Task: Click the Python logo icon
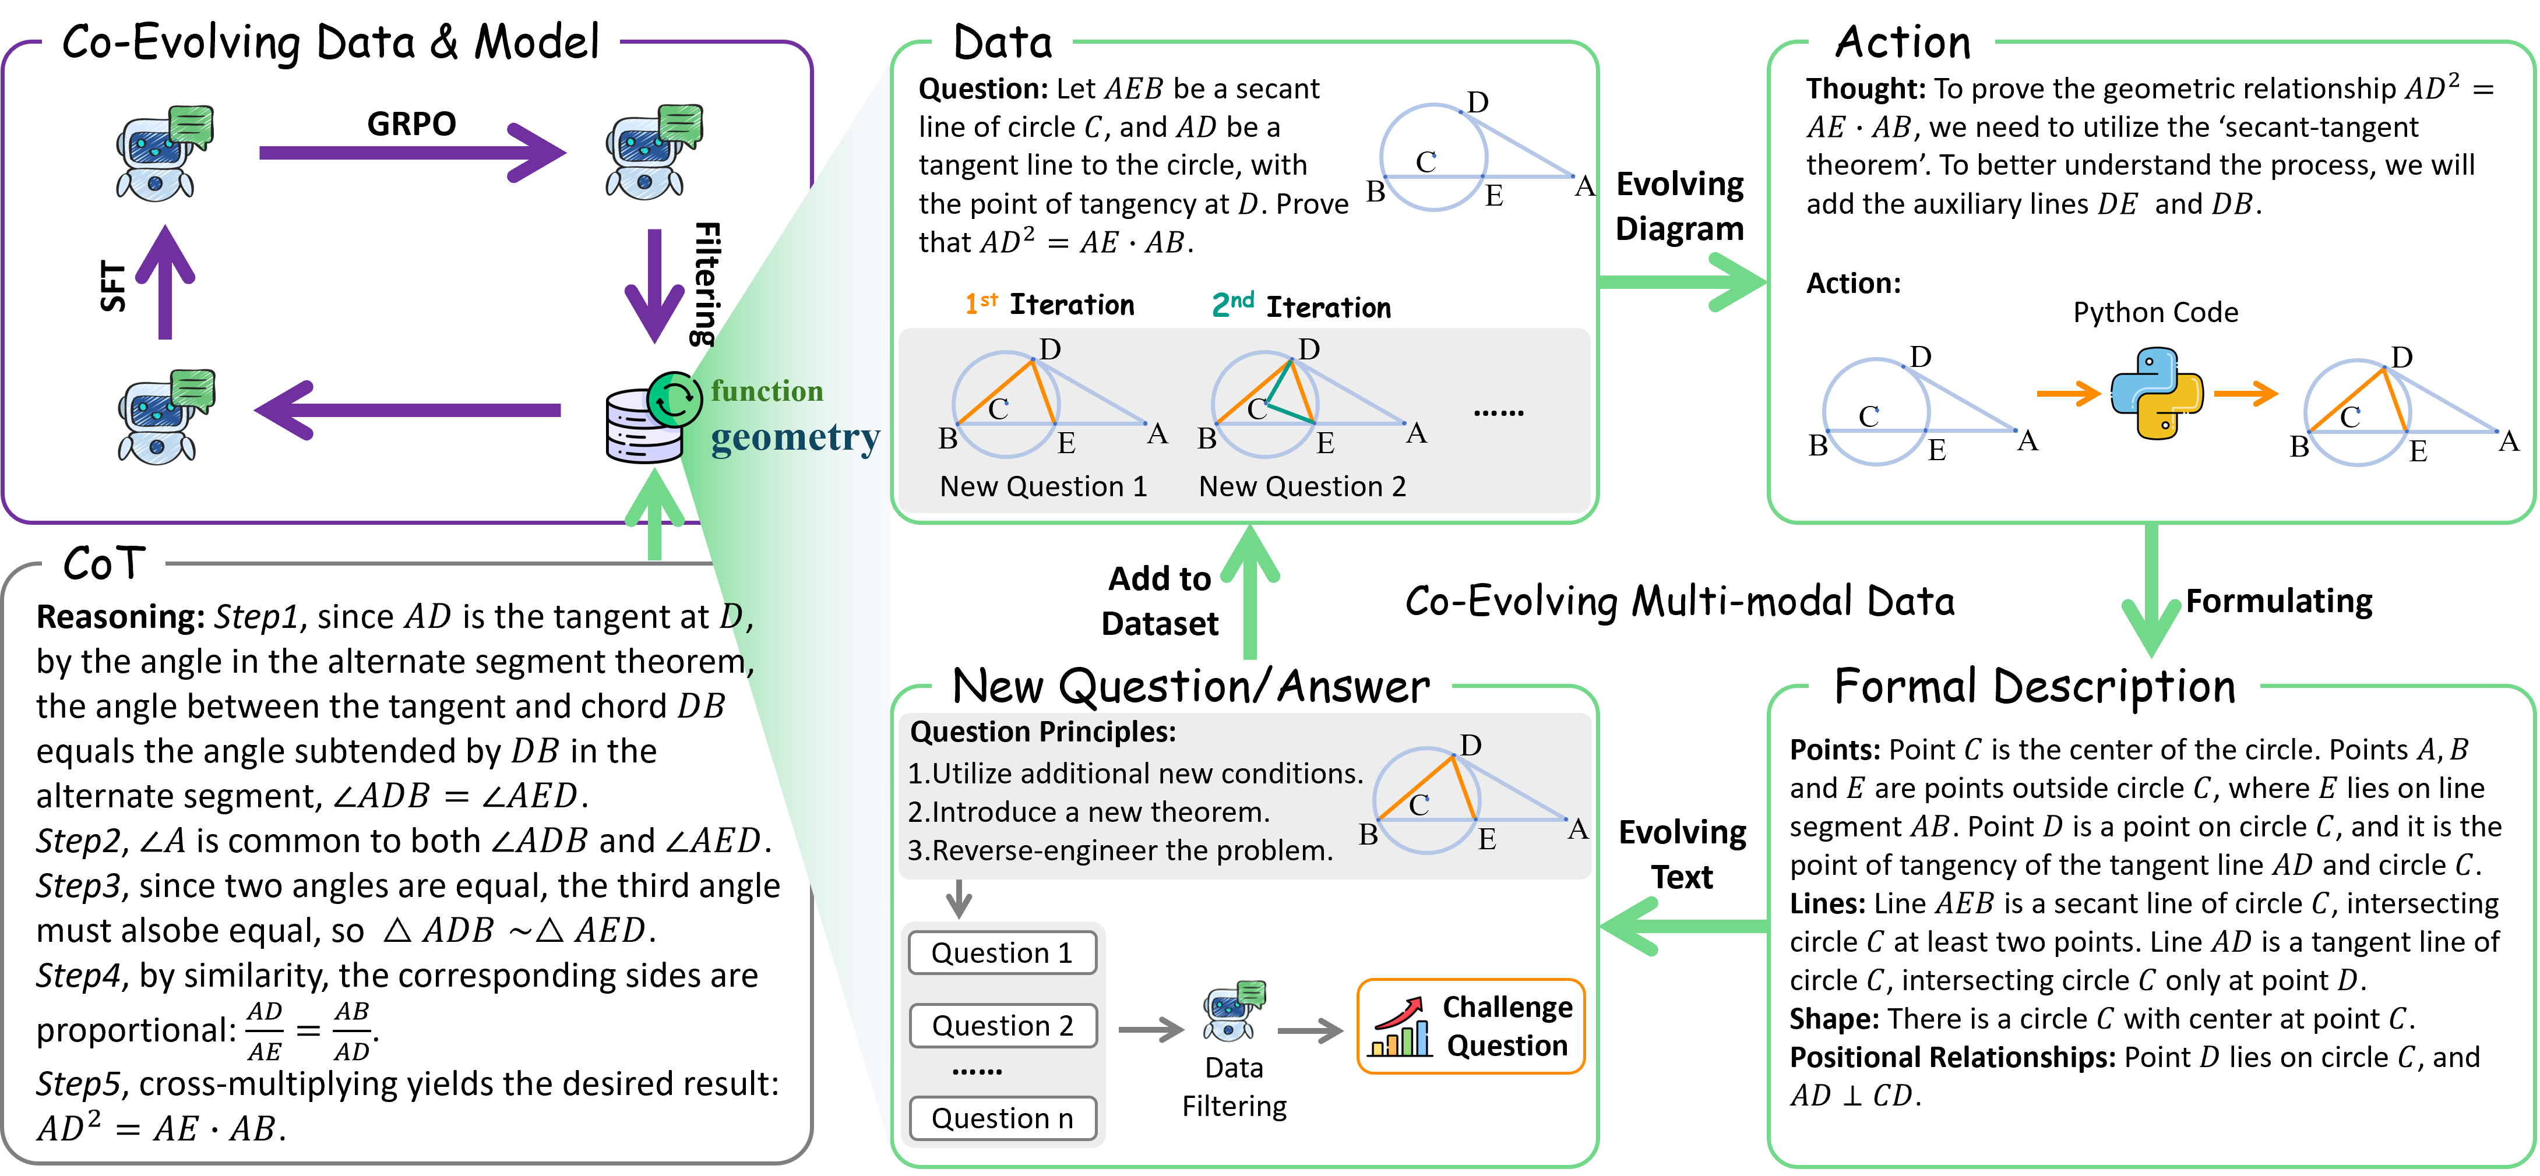point(2157,393)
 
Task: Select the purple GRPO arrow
point(412,153)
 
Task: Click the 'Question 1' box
point(1002,953)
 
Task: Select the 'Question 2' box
point(1002,1026)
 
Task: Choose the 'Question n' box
point(1002,1119)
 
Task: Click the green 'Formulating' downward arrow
point(2151,591)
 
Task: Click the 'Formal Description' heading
point(2034,686)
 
